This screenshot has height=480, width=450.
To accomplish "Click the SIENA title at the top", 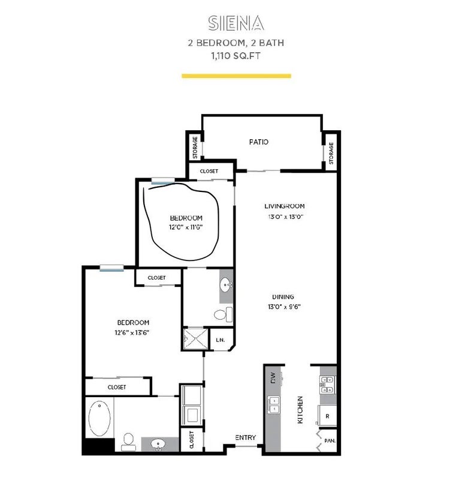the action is pos(235,23).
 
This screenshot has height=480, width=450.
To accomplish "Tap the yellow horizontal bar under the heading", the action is pos(236,76).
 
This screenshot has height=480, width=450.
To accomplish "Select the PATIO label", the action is pos(259,142).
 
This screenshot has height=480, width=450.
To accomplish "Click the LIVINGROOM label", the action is pos(284,206).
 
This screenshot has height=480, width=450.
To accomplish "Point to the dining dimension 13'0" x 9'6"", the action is pos(284,307).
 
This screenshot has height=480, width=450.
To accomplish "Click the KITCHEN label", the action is pos(300,410).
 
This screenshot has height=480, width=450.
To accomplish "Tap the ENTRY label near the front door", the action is pos(246,438).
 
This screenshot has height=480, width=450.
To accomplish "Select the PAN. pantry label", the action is pos(330,441).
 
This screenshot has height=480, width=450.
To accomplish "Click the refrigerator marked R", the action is pos(327,416).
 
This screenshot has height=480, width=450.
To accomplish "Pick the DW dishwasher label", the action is pos(273,377).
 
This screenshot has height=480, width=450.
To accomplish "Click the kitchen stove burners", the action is pos(327,385).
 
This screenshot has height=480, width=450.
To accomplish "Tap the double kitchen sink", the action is pos(274,404).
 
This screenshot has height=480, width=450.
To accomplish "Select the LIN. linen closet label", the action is pos(220,340).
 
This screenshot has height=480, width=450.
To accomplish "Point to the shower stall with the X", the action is pos(196,339).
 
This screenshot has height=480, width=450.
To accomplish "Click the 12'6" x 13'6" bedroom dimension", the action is pos(132,333).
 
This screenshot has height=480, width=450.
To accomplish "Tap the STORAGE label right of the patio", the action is pos(331,153).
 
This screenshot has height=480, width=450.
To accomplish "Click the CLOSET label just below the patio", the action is pos(209,171).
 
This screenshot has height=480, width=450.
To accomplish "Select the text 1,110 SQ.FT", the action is pos(235,56).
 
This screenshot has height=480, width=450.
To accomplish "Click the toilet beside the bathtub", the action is pos(128,442).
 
